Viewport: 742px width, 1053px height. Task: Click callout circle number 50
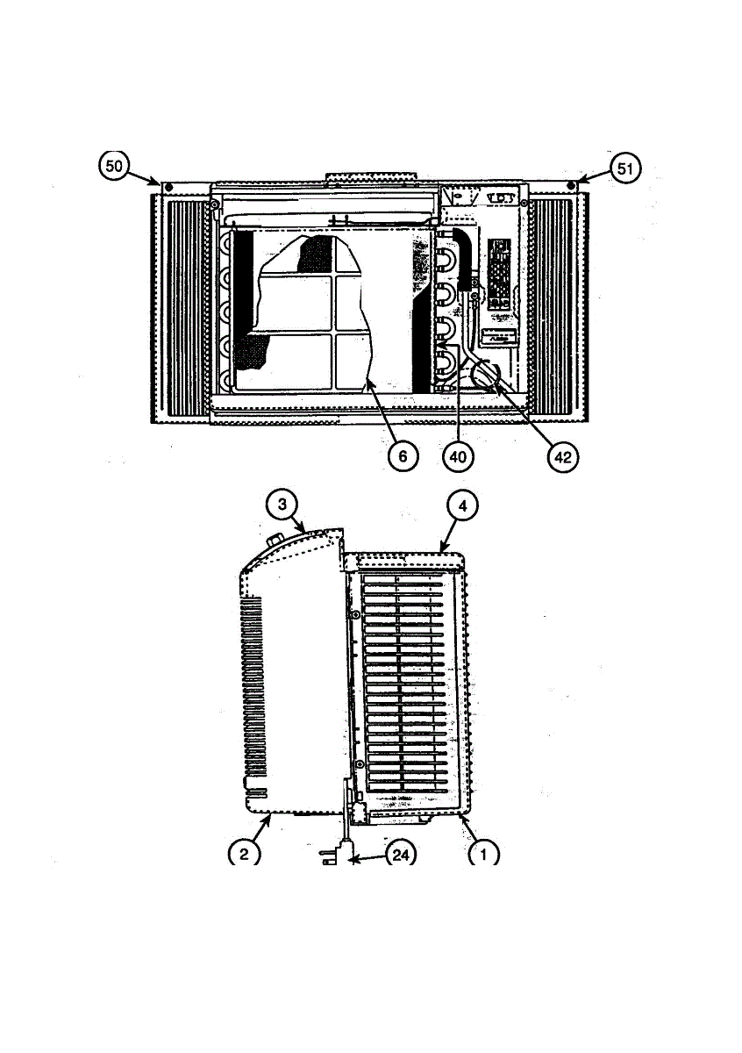[114, 166]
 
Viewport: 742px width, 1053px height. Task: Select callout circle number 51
[624, 168]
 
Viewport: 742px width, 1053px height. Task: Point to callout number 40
[458, 456]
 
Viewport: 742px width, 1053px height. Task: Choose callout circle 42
[563, 457]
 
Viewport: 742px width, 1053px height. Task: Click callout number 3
[282, 505]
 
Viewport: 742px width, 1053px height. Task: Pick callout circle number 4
[462, 506]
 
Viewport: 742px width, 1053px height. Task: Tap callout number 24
[400, 855]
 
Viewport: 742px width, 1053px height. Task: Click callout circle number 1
[483, 854]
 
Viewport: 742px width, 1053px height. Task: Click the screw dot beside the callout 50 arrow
[169, 187]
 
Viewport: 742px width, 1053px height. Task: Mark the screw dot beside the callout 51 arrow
[570, 185]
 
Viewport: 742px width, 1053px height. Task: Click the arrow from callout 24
[368, 858]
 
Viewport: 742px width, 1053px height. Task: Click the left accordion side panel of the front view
[181, 308]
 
